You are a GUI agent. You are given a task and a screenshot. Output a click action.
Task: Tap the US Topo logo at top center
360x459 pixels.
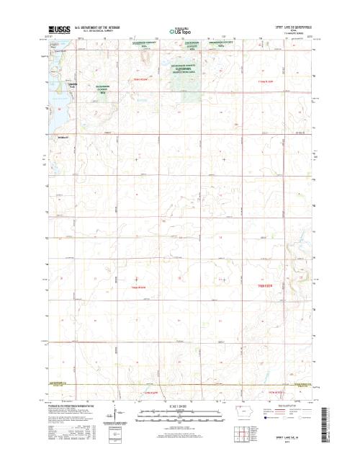(179, 31)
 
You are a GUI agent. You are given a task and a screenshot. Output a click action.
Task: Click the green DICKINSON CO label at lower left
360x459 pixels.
(60, 383)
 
